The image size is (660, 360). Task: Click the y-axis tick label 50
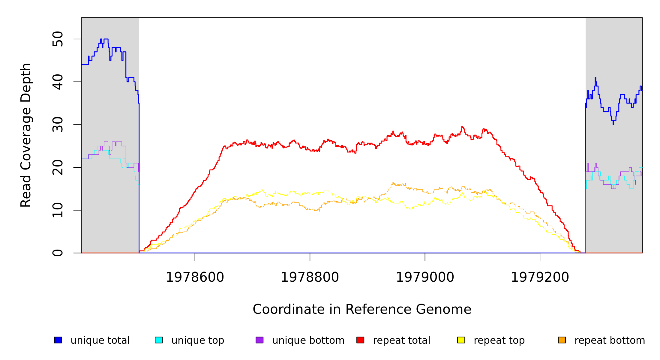[x=58, y=39]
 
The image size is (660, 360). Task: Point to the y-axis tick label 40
[x=58, y=82]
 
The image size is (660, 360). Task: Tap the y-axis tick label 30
[x=58, y=124]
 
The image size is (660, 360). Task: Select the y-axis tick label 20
[x=58, y=167]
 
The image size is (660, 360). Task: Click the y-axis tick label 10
[x=58, y=210]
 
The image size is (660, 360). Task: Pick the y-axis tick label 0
[x=58, y=253]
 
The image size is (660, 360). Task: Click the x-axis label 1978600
[x=195, y=277]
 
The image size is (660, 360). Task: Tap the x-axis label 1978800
[x=310, y=277]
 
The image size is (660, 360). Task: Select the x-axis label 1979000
[x=425, y=277]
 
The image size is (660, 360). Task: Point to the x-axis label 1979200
[x=540, y=277]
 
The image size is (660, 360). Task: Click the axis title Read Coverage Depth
[x=26, y=135]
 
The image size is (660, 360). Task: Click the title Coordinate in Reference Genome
[x=362, y=309]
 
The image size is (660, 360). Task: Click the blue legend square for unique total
[x=58, y=340]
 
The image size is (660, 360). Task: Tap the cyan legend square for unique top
[x=159, y=340]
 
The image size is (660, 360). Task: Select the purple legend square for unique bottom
[x=259, y=340]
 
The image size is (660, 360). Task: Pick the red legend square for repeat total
[x=360, y=340]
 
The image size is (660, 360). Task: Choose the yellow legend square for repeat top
[x=461, y=340]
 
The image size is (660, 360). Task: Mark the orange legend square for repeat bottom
[x=562, y=340]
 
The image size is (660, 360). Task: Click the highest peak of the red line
[x=462, y=127]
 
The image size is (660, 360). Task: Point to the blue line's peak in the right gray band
[x=595, y=78]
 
